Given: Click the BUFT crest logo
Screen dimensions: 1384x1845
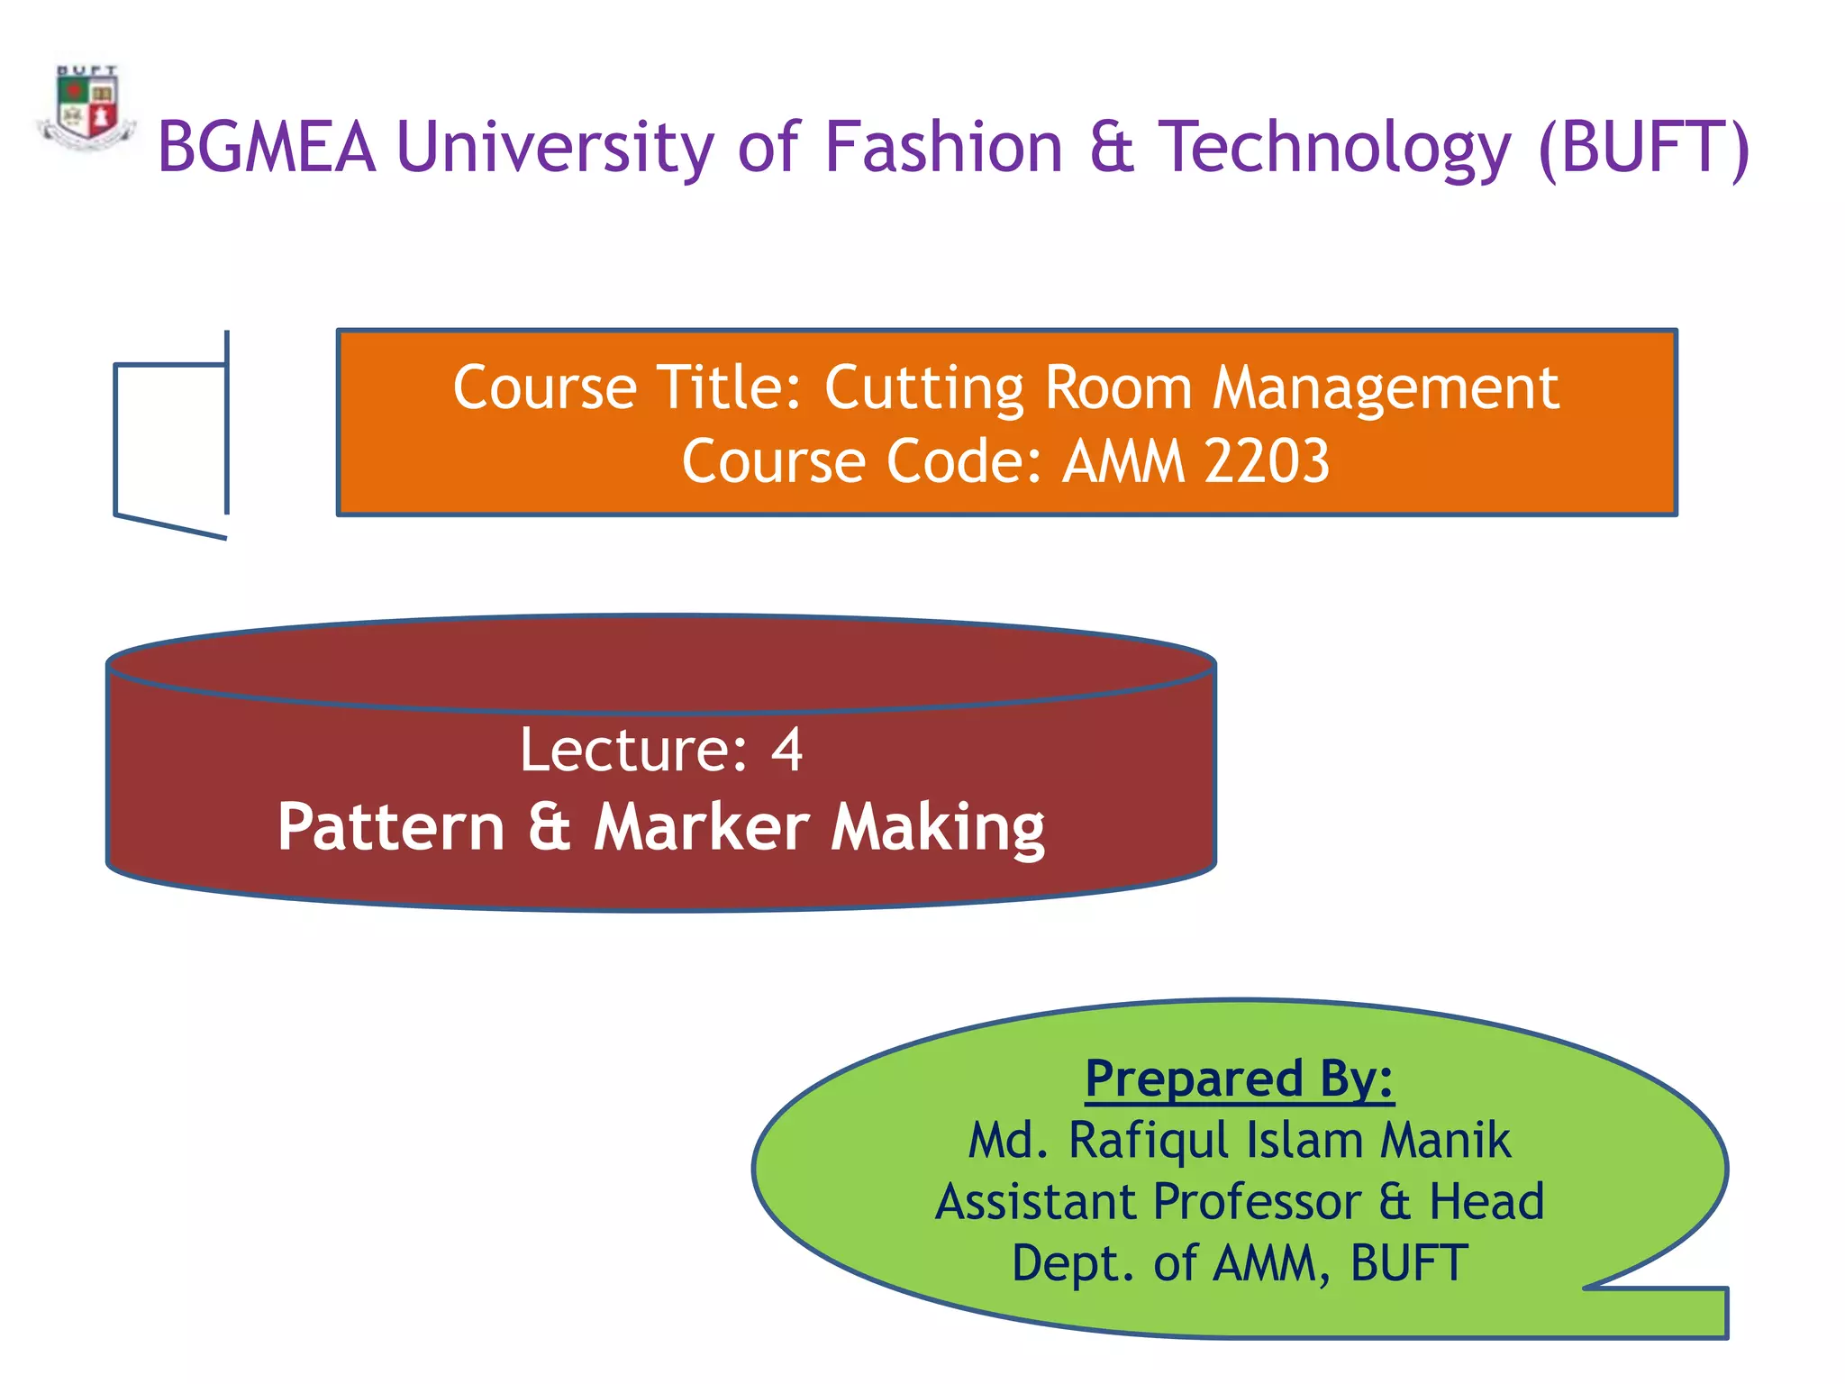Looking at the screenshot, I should click(86, 108).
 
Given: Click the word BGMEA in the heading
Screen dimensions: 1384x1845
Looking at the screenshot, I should click(266, 147).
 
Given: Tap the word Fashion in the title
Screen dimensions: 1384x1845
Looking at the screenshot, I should click(943, 147).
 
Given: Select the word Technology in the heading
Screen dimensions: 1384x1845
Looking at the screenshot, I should click(1334, 147).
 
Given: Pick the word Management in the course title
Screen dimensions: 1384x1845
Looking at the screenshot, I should click(1386, 388).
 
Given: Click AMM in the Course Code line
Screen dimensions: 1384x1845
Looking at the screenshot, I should click(1123, 461).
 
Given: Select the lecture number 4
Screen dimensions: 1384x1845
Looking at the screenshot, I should click(786, 750).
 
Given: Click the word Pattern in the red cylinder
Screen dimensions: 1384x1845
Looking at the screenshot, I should click(390, 827).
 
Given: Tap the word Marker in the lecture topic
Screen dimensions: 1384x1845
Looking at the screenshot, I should click(702, 827).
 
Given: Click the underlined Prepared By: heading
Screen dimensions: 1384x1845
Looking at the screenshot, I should click(1239, 1079).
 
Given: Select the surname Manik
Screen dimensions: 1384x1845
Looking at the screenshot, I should click(1445, 1140).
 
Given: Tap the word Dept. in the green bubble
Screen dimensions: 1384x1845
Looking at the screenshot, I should click(1073, 1263).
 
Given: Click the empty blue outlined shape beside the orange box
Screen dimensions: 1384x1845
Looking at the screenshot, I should click(171, 439).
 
